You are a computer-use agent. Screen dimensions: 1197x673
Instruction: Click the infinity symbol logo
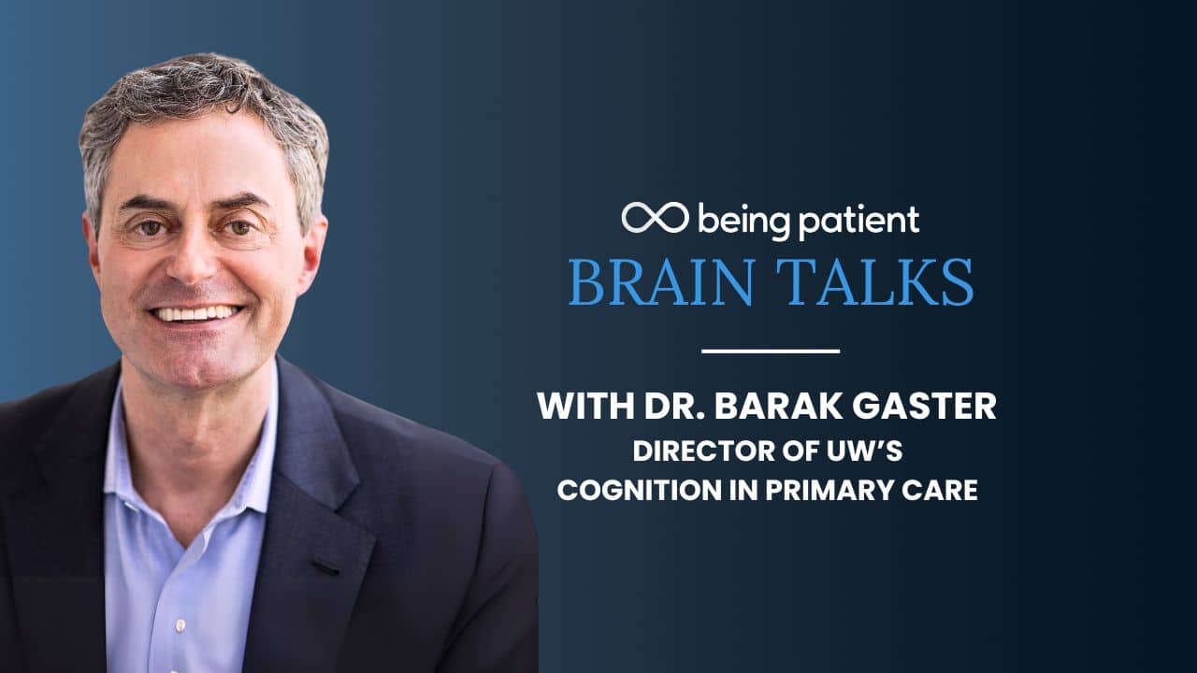pos(655,218)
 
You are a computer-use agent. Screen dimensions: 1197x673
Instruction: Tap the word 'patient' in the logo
pos(858,222)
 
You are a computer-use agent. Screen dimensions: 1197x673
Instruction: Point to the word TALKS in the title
pos(874,281)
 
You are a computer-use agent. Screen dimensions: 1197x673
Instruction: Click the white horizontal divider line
pos(771,351)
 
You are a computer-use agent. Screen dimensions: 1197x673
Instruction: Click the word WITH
pos(585,406)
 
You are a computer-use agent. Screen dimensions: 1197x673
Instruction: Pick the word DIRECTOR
pos(704,451)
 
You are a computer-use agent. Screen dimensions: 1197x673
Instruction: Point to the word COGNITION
pos(640,490)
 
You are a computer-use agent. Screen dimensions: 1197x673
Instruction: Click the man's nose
pos(194,256)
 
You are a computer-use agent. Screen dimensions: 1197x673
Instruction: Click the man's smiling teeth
pos(196,312)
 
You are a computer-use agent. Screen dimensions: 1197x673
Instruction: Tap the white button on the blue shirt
pos(180,624)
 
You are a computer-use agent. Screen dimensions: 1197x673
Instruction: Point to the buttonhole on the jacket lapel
pos(326,567)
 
